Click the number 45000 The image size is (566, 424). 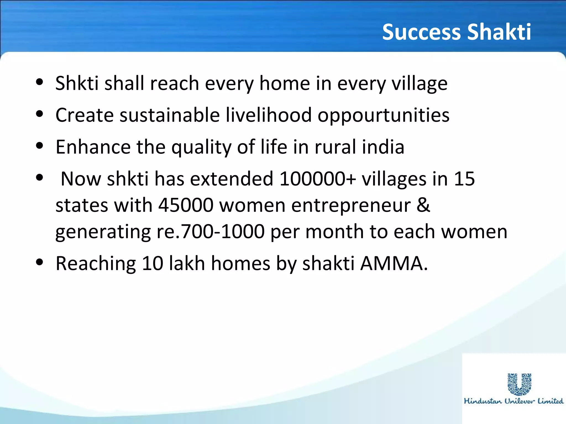click(186, 205)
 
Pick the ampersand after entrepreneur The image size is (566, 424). click(423, 205)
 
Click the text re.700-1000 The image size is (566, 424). click(211, 232)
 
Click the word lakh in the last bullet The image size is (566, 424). click(187, 264)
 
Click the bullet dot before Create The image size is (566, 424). click(40, 114)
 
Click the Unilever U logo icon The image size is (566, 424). click(519, 384)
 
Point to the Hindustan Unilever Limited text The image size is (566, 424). click(513, 401)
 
